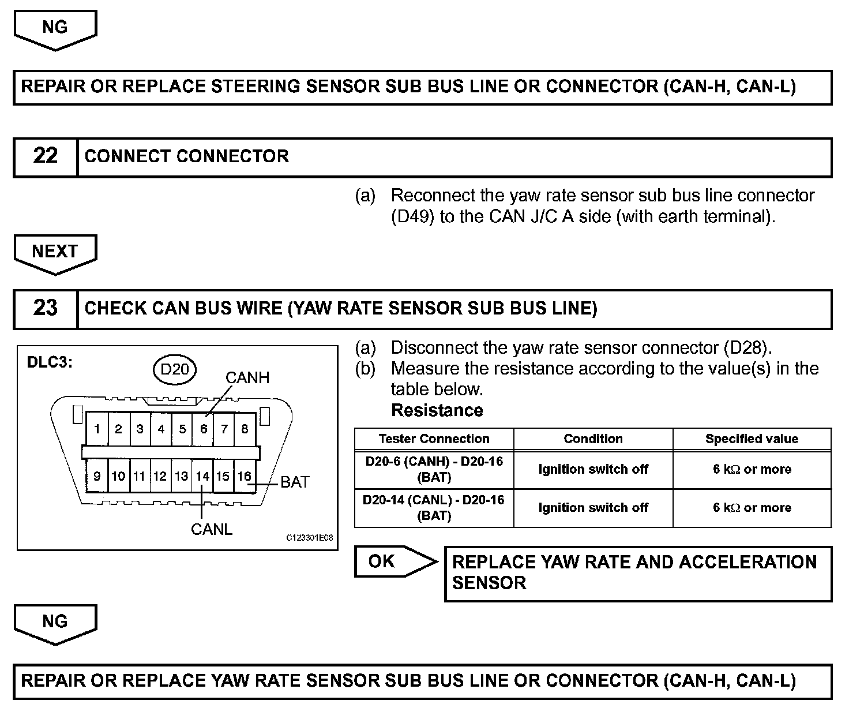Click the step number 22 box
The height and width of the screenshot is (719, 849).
point(46,156)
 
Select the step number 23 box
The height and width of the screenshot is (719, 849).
point(46,308)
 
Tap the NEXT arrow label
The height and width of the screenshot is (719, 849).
point(55,252)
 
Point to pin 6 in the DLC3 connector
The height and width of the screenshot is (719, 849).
point(203,429)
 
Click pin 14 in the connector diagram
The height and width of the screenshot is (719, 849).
point(202,477)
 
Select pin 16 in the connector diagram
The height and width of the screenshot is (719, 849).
point(245,477)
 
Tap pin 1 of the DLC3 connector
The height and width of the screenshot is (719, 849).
point(97,429)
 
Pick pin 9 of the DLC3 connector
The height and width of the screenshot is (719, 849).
point(97,477)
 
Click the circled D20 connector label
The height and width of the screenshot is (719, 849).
point(175,369)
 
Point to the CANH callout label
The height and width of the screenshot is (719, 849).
point(247,378)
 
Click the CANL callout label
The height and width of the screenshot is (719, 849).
point(212,530)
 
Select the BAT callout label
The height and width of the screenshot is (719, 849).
point(295,482)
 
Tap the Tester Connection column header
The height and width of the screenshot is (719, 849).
point(434,439)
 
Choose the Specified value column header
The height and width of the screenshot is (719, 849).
point(752,439)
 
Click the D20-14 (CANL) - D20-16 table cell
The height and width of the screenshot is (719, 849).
point(434,508)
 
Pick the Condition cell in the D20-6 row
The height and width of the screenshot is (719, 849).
point(593,470)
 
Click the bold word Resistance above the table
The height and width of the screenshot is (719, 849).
point(437,411)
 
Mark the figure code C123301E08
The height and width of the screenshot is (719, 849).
point(310,538)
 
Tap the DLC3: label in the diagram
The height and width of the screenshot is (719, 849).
point(50,364)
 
